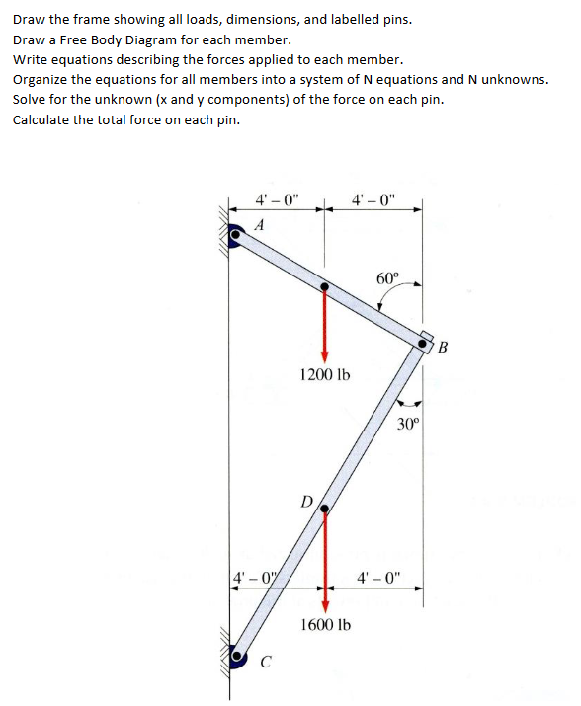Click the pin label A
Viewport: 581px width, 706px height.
260,224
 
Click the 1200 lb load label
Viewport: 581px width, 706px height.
324,375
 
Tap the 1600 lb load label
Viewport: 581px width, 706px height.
324,624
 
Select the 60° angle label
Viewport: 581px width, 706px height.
388,277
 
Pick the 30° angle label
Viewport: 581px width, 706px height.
409,425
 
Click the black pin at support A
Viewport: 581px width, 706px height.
235,237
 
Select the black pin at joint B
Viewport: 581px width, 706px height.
426,345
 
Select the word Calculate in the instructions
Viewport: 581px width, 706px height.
41,119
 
